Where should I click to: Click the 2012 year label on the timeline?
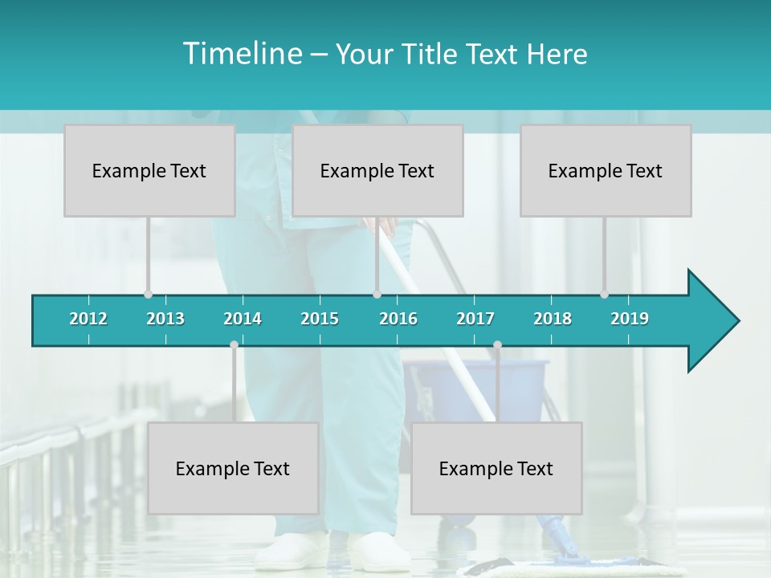point(88,319)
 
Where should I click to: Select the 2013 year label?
point(165,319)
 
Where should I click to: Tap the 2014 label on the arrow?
point(243,319)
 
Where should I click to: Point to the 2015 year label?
point(320,319)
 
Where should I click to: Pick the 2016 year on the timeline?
point(398,319)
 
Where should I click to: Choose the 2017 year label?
point(475,319)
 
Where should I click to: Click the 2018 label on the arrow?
point(553,319)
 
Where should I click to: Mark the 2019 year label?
point(630,319)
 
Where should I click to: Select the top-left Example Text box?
point(149,170)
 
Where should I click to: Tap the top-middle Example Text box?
point(377,170)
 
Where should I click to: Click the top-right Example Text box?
point(606,170)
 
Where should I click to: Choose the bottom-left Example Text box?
point(233,468)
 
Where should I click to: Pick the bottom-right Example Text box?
point(496,468)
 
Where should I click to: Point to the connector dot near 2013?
point(148,295)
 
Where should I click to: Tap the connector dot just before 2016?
point(377,295)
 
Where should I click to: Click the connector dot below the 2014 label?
point(234,345)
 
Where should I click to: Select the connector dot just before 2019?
point(604,295)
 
